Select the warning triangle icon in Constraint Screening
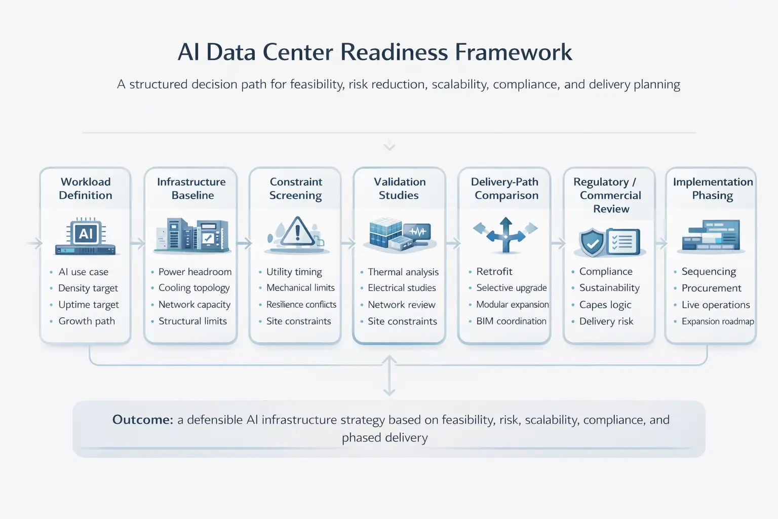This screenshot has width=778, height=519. click(x=297, y=231)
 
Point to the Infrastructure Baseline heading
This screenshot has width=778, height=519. click(x=191, y=189)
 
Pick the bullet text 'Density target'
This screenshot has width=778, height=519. click(x=88, y=288)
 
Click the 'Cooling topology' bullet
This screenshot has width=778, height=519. click(x=194, y=288)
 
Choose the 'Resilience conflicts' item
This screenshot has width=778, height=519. click(x=301, y=305)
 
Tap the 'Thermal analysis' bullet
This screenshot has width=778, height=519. click(x=403, y=272)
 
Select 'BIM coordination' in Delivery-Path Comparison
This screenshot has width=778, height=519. click(x=511, y=321)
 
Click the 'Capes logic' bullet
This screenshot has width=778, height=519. click(x=605, y=305)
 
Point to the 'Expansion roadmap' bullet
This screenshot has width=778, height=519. click(x=718, y=321)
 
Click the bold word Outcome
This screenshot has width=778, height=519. click(x=143, y=420)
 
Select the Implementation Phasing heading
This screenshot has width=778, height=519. click(x=713, y=189)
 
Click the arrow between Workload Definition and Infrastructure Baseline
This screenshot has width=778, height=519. click(x=138, y=243)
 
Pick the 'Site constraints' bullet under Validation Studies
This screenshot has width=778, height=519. click(x=402, y=321)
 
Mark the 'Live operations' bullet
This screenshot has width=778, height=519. click(x=716, y=305)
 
